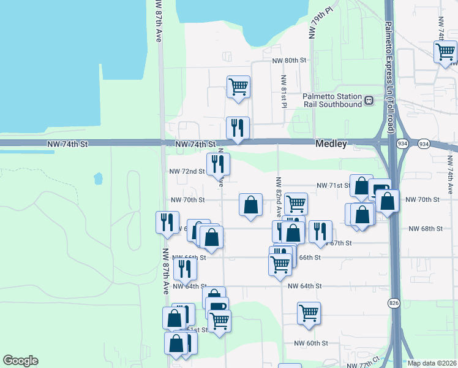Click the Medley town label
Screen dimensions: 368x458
coord(331,144)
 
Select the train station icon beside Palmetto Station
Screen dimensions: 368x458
coord(369,101)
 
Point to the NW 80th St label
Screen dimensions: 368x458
coord(289,61)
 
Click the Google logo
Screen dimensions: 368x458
coord(20,361)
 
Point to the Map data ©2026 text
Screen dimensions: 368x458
coord(432,363)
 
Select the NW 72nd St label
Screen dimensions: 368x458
coord(187,171)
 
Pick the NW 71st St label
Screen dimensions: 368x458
coord(332,185)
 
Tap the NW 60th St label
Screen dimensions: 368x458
coord(311,343)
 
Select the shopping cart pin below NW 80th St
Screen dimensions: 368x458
coord(238,86)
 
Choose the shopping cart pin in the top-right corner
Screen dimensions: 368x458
coord(445,52)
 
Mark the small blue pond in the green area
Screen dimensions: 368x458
coord(98,178)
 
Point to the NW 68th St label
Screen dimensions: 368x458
coord(425,229)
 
